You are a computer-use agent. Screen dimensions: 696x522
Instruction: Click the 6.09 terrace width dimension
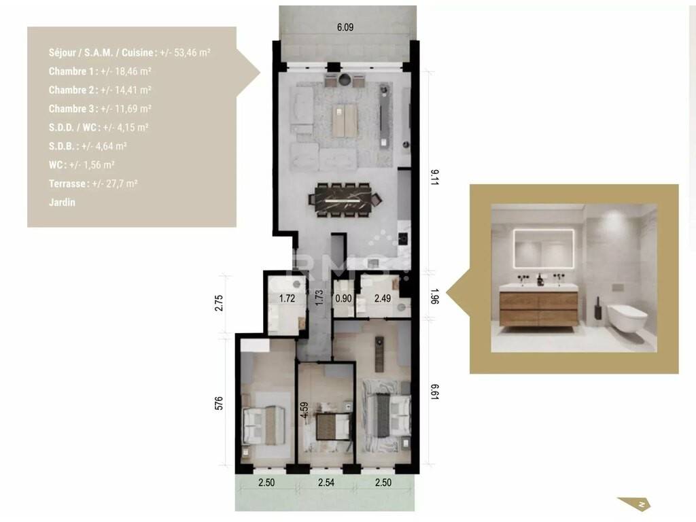tap(345, 27)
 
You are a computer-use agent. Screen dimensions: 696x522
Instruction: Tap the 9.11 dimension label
tap(434, 177)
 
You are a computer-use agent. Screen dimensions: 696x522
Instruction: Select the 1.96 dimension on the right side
tap(434, 296)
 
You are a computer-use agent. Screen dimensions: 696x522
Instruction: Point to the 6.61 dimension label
tap(434, 392)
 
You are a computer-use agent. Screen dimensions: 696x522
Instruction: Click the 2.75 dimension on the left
tap(219, 302)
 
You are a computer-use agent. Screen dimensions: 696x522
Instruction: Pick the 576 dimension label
tap(219, 404)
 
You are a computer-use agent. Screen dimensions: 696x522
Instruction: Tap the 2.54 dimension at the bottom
tap(326, 483)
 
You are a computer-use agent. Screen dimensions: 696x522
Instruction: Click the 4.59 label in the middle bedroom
tap(304, 410)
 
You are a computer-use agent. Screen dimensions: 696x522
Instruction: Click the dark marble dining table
tap(345, 201)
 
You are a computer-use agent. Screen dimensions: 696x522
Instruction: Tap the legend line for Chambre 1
tap(101, 71)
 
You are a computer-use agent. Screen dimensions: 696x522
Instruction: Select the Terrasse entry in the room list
tap(93, 184)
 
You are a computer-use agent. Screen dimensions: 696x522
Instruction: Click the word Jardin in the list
tap(62, 203)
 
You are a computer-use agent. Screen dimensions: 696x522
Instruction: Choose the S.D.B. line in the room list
tap(88, 146)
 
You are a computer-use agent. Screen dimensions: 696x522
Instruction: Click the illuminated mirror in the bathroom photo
tap(544, 249)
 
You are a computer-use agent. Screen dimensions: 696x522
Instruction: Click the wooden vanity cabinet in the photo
tap(539, 309)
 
